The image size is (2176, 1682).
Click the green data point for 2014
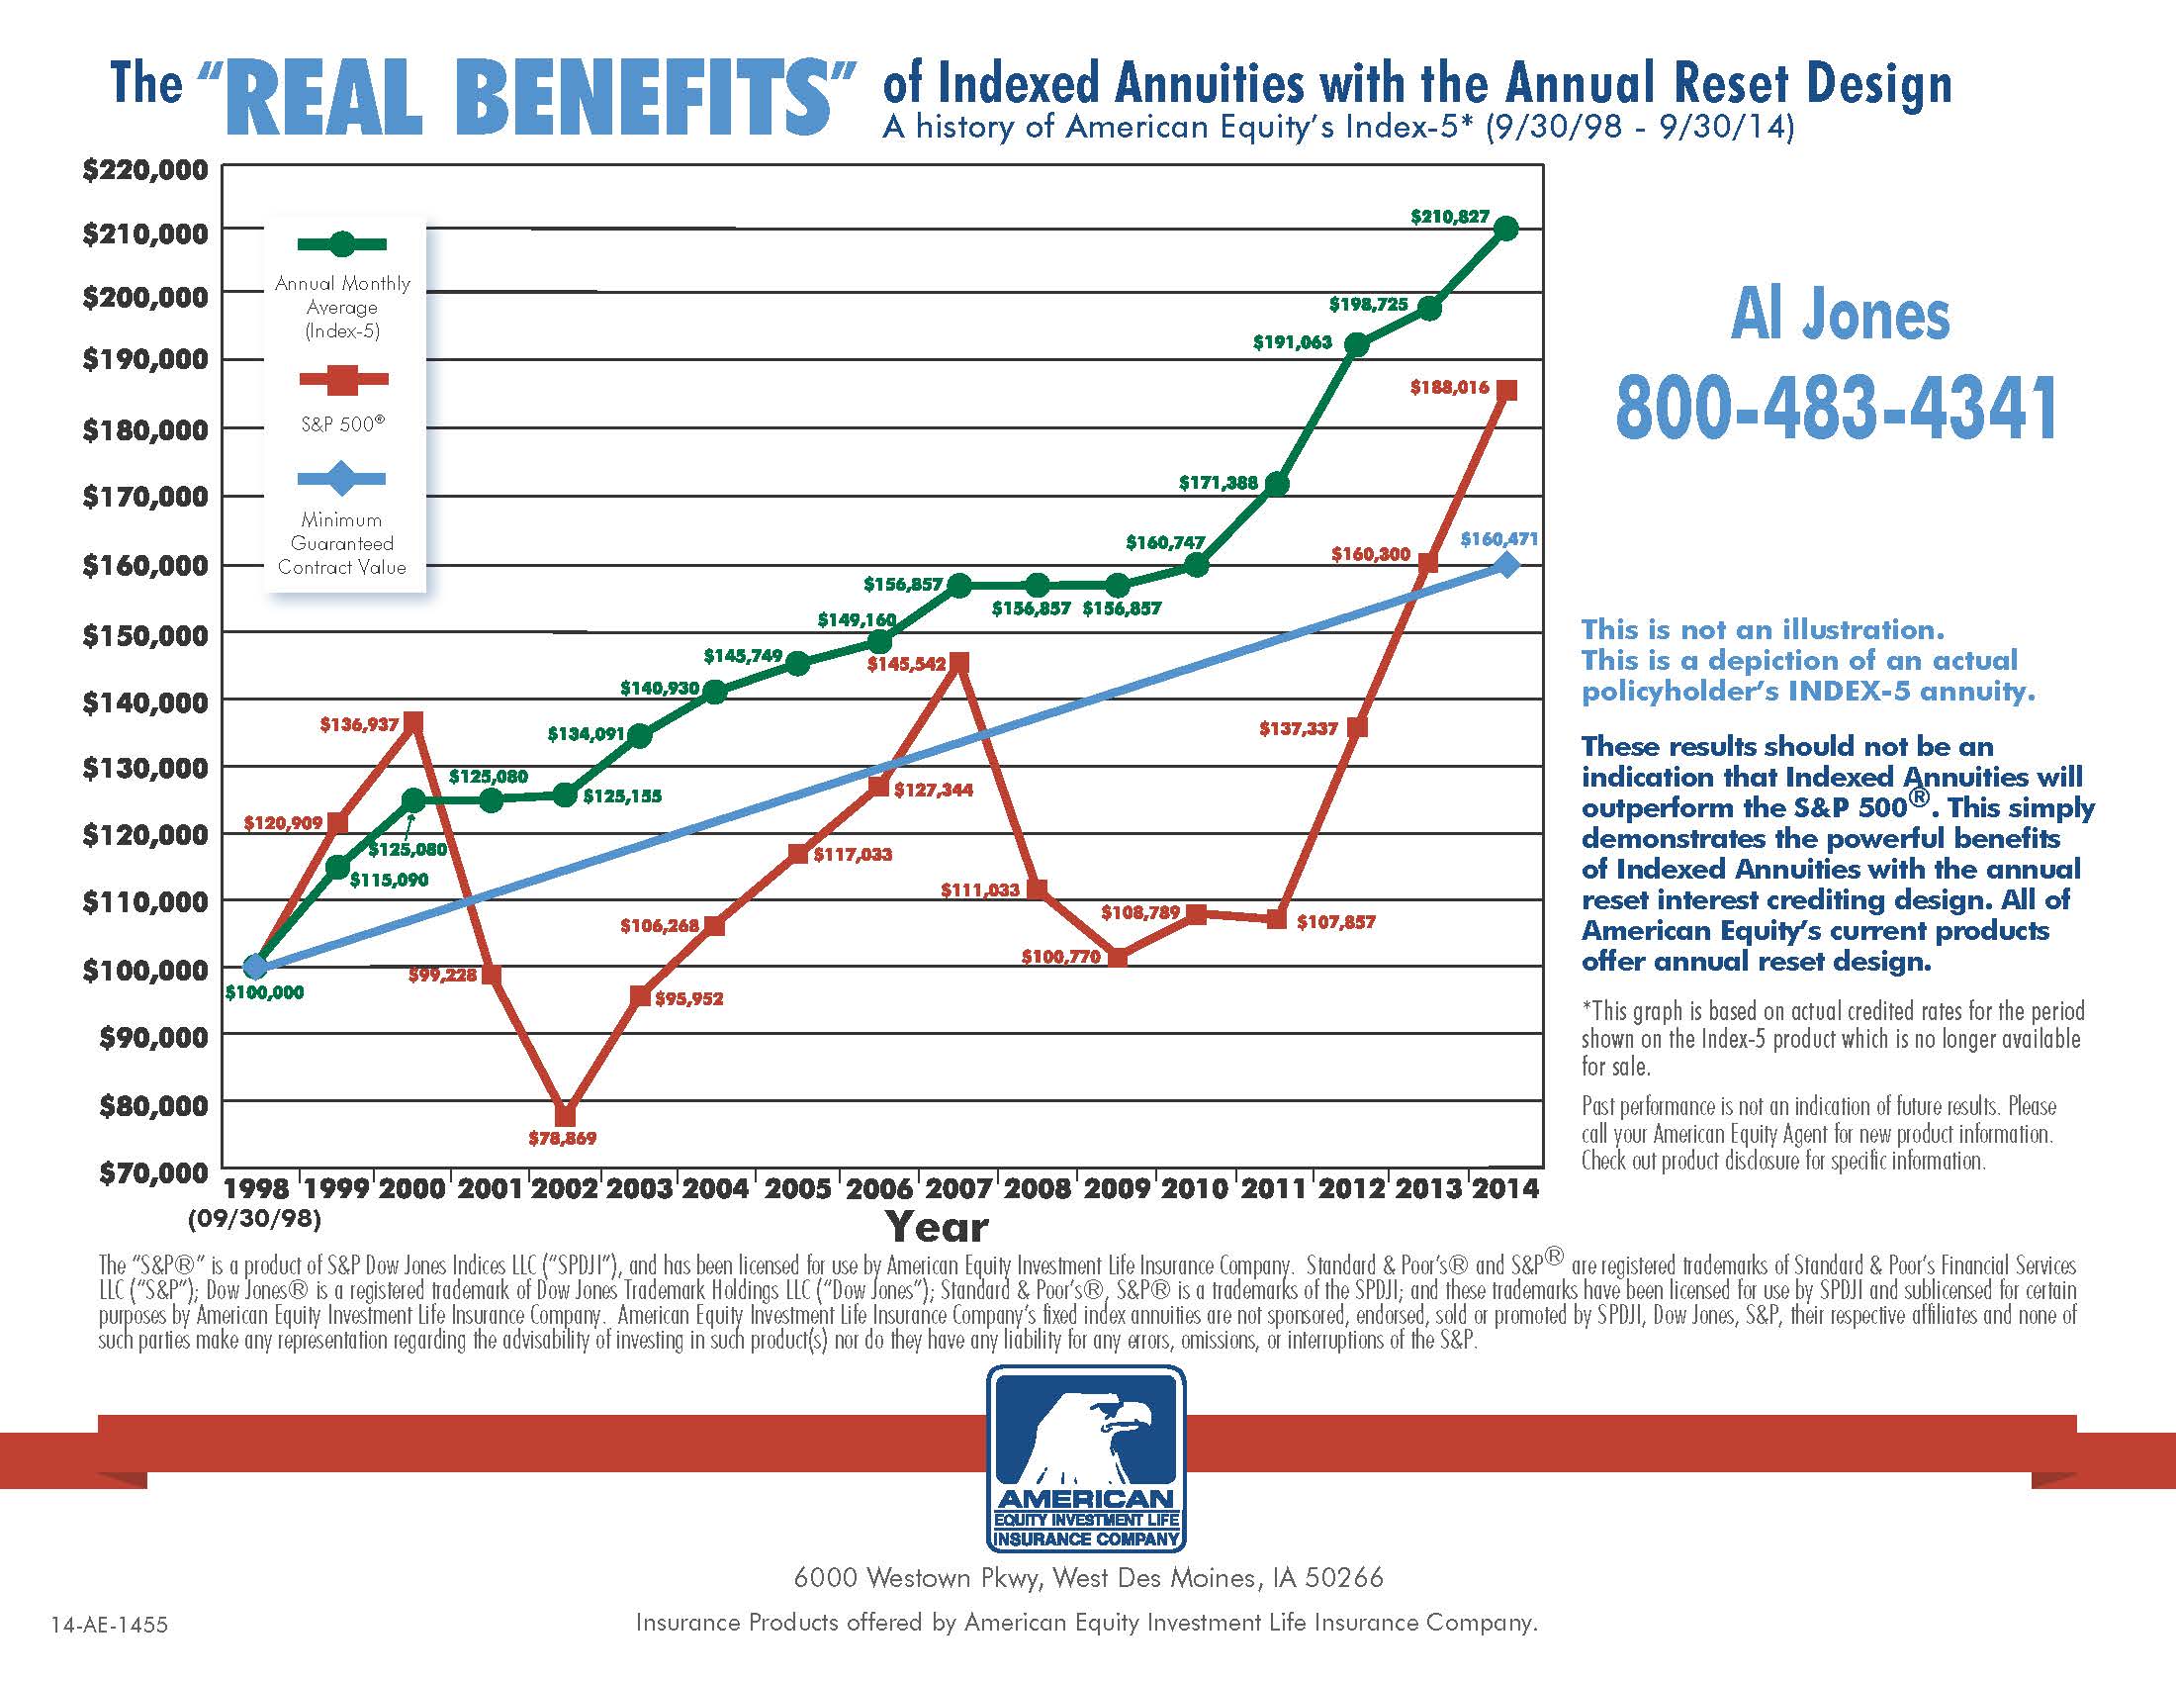click(1506, 229)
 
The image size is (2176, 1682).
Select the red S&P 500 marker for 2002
click(565, 1114)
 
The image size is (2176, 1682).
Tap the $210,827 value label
click(1450, 217)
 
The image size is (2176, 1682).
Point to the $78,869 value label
click(562, 1138)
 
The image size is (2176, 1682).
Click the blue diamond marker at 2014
click(1506, 565)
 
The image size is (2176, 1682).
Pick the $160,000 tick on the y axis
click(145, 565)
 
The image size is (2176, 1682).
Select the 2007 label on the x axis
click(957, 1187)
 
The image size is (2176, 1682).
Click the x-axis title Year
click(937, 1227)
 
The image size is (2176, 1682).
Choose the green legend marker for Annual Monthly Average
click(342, 244)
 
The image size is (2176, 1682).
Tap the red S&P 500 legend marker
click(342, 379)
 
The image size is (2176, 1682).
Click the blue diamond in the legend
click(342, 478)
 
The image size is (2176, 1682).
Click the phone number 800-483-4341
click(1838, 408)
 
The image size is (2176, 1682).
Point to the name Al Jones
click(1841, 316)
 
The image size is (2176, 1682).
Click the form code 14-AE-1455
click(110, 1626)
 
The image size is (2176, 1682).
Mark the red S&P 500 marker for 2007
click(958, 663)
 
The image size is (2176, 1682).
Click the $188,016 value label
click(1450, 388)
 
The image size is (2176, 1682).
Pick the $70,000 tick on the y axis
click(153, 1171)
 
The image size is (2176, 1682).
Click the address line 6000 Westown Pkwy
click(1088, 1578)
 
